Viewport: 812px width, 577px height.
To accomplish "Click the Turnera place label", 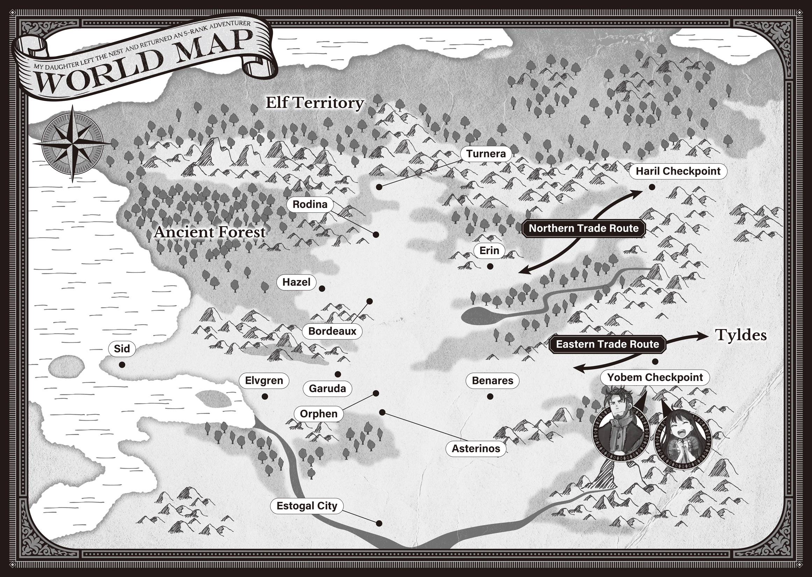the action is coord(486,154).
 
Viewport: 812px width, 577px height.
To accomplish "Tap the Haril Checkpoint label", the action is coord(678,171).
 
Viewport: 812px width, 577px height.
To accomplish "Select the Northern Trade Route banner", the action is coord(583,228).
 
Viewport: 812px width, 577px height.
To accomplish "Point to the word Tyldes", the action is coord(741,335).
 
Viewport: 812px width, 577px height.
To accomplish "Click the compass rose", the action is coord(72,143).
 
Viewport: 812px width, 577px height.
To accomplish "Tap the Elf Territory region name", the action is coord(315,103).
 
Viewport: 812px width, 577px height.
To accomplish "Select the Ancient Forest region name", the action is coord(209,232).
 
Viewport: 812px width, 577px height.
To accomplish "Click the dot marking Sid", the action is coord(122,364).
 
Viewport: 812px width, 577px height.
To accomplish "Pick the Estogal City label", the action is coord(307,506).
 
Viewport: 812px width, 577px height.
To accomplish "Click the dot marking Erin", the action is coord(490,266).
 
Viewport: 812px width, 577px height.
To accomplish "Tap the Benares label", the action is coord(492,380).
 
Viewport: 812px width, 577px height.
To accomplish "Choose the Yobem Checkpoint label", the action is coord(655,377).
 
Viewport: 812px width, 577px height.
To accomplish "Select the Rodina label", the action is coord(310,204).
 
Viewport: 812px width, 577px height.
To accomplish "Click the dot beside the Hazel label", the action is coord(322,289).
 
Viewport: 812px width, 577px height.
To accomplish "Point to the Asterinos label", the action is coord(476,448).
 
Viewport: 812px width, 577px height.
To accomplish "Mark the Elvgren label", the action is coord(264,380).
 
